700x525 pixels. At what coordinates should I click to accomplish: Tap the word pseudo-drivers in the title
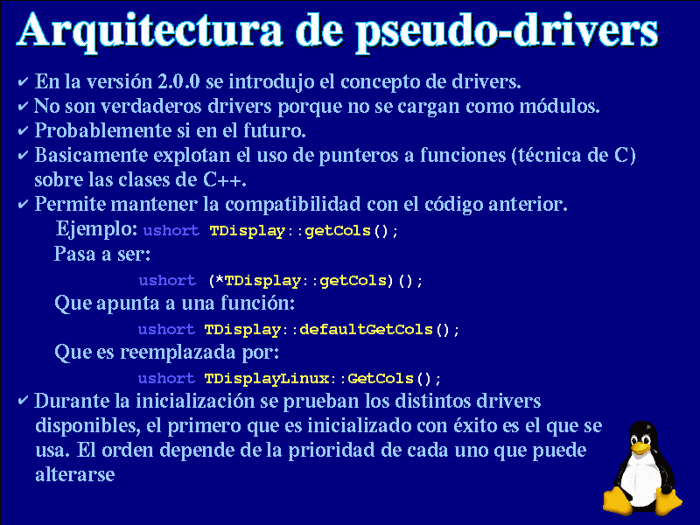tap(507, 32)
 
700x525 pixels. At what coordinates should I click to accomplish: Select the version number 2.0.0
tap(178, 81)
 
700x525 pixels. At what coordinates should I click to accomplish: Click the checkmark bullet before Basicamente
tap(24, 156)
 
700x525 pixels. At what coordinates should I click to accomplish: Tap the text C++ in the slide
tap(223, 180)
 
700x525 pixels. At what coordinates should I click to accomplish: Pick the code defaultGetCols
tap(366, 330)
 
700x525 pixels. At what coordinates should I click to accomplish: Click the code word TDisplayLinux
tap(267, 379)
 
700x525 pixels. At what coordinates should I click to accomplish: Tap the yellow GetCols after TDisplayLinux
tap(381, 379)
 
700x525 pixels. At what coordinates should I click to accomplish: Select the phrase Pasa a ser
tap(102, 254)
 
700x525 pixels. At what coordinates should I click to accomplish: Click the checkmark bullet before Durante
tap(24, 401)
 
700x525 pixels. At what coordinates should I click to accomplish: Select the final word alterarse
tap(75, 474)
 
